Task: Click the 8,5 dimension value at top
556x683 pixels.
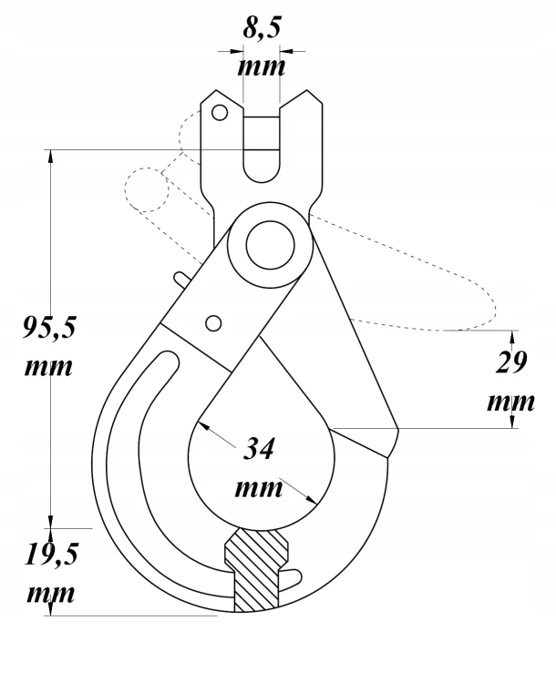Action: pyautogui.click(x=262, y=29)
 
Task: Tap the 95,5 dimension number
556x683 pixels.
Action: pyautogui.click(x=49, y=328)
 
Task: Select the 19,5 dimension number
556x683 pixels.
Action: pyautogui.click(x=51, y=555)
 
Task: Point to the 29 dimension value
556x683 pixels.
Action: pyautogui.click(x=511, y=362)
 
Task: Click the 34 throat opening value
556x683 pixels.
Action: pyautogui.click(x=259, y=449)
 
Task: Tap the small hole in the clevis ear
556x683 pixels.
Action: pyautogui.click(x=220, y=113)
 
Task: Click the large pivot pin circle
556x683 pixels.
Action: pyautogui.click(x=270, y=245)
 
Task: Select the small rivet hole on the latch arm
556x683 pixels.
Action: pyautogui.click(x=213, y=323)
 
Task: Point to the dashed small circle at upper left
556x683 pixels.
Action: pyautogui.click(x=147, y=190)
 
